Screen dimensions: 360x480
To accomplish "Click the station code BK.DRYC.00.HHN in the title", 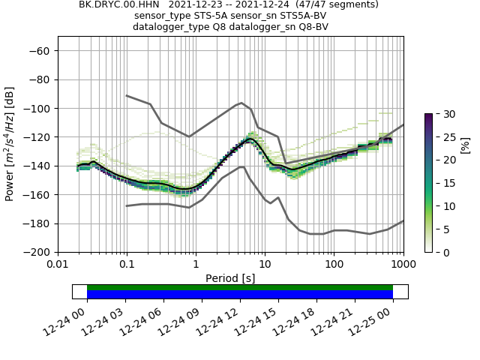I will [x=118, y=4].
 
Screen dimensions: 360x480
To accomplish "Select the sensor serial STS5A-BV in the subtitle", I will [x=298, y=16].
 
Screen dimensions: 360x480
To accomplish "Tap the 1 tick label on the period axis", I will [x=196, y=264].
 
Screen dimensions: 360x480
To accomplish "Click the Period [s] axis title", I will [x=230, y=278].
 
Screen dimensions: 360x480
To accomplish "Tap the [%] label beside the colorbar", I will [x=465, y=144].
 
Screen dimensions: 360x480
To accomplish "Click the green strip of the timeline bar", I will [x=240, y=287].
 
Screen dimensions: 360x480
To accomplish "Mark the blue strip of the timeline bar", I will [x=240, y=295].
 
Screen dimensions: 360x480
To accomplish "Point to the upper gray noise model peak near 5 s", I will [x=241, y=103].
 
